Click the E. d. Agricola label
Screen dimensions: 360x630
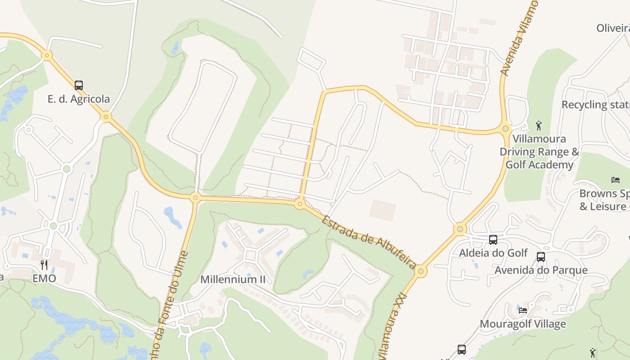pyautogui.click(x=79, y=99)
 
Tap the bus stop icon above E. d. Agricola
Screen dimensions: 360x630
pyautogui.click(x=79, y=85)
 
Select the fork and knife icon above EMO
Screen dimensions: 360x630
pyautogui.click(x=44, y=265)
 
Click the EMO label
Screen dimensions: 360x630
pyautogui.click(x=44, y=279)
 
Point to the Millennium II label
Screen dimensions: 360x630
pyautogui.click(x=233, y=279)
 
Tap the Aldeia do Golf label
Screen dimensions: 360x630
pyautogui.click(x=493, y=253)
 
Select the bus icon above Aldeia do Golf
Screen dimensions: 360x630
pyautogui.click(x=493, y=240)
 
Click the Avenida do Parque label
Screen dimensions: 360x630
pyautogui.click(x=541, y=270)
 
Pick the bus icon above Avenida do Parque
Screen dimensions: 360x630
pyautogui.click(x=541, y=257)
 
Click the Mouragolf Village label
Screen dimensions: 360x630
pyautogui.click(x=523, y=324)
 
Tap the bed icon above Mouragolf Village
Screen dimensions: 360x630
pyautogui.click(x=523, y=310)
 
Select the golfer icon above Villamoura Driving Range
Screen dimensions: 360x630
pyautogui.click(x=539, y=125)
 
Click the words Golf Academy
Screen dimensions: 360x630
pyautogui.click(x=540, y=165)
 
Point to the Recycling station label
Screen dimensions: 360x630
pyautogui.click(x=595, y=105)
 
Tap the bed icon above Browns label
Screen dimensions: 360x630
pyautogui.click(x=616, y=180)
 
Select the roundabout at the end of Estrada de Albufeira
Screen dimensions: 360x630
pyautogui.click(x=421, y=271)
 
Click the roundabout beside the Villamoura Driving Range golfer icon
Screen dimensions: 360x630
pyautogui.click(x=506, y=129)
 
